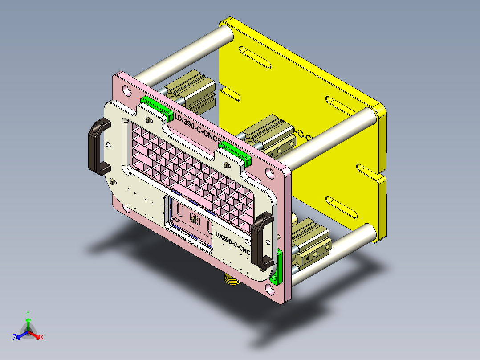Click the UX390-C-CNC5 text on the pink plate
point(198,129)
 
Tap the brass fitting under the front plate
point(231,280)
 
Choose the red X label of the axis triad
point(42,338)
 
